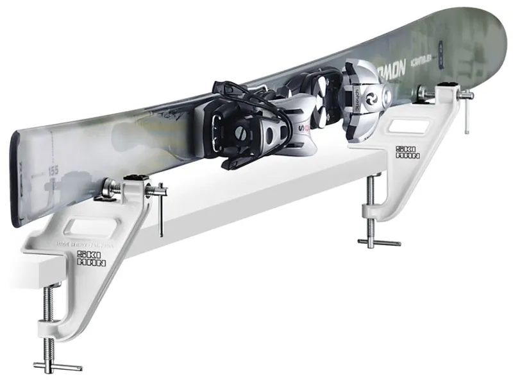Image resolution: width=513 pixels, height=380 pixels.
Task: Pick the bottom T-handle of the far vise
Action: [379, 241]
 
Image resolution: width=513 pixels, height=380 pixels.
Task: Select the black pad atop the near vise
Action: [135, 178]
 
